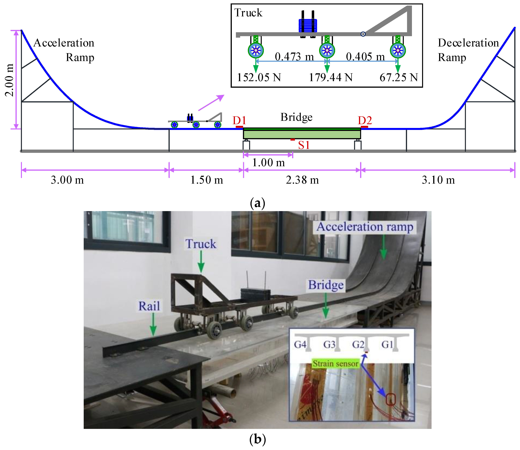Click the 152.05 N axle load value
(x=259, y=77)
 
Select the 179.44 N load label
(x=331, y=77)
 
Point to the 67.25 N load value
(x=399, y=77)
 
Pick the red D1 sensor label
(x=239, y=121)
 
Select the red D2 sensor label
(x=365, y=121)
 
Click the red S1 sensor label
(x=304, y=145)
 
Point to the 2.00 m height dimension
(x=9, y=80)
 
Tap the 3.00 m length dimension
(x=67, y=180)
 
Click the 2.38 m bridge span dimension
(x=302, y=180)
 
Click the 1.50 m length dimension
(x=206, y=180)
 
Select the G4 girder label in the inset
(x=300, y=344)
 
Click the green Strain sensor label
(x=335, y=364)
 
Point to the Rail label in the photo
(x=149, y=306)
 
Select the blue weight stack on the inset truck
(x=308, y=26)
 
